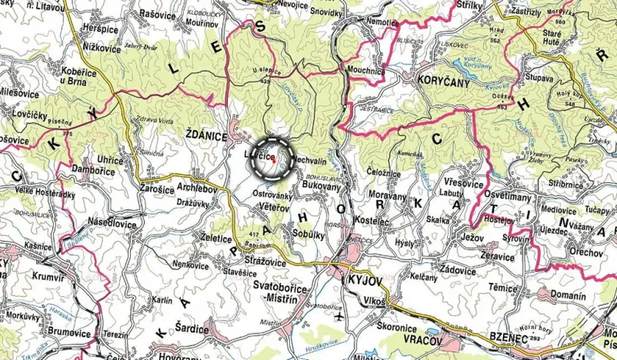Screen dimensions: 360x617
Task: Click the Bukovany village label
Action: (311, 187)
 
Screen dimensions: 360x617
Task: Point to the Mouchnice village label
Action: (366, 71)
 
